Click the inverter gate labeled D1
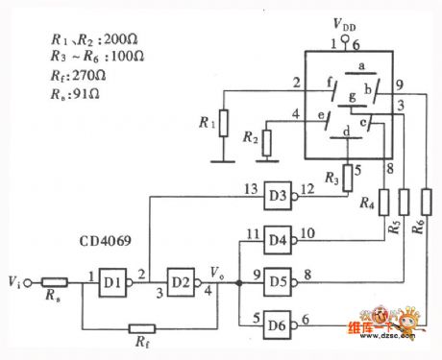point(112,284)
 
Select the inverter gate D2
point(181,284)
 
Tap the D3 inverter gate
point(280,194)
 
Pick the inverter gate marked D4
point(280,237)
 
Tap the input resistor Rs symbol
point(53,284)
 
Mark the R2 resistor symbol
point(267,141)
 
